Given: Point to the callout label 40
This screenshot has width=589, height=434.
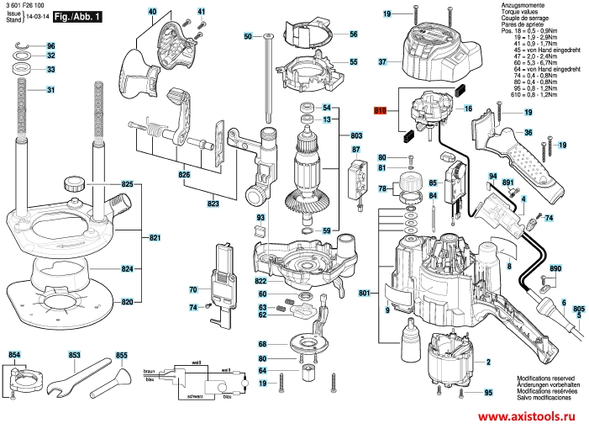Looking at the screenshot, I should click(x=152, y=12).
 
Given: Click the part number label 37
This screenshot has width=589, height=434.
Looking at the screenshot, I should click(x=382, y=62).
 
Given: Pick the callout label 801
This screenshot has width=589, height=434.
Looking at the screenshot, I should click(x=364, y=294).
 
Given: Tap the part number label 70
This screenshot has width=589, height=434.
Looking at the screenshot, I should click(x=192, y=290).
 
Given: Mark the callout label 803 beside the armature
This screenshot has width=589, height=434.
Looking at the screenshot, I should click(x=356, y=135).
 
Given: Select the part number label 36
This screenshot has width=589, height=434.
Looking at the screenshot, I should click(x=529, y=132).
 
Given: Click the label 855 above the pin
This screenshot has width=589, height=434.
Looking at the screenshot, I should click(x=121, y=356).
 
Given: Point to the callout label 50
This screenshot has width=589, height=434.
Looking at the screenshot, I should click(x=248, y=36).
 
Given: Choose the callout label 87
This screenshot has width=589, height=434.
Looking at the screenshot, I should click(x=356, y=150).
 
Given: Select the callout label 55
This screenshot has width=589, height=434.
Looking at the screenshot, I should click(x=354, y=62).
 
